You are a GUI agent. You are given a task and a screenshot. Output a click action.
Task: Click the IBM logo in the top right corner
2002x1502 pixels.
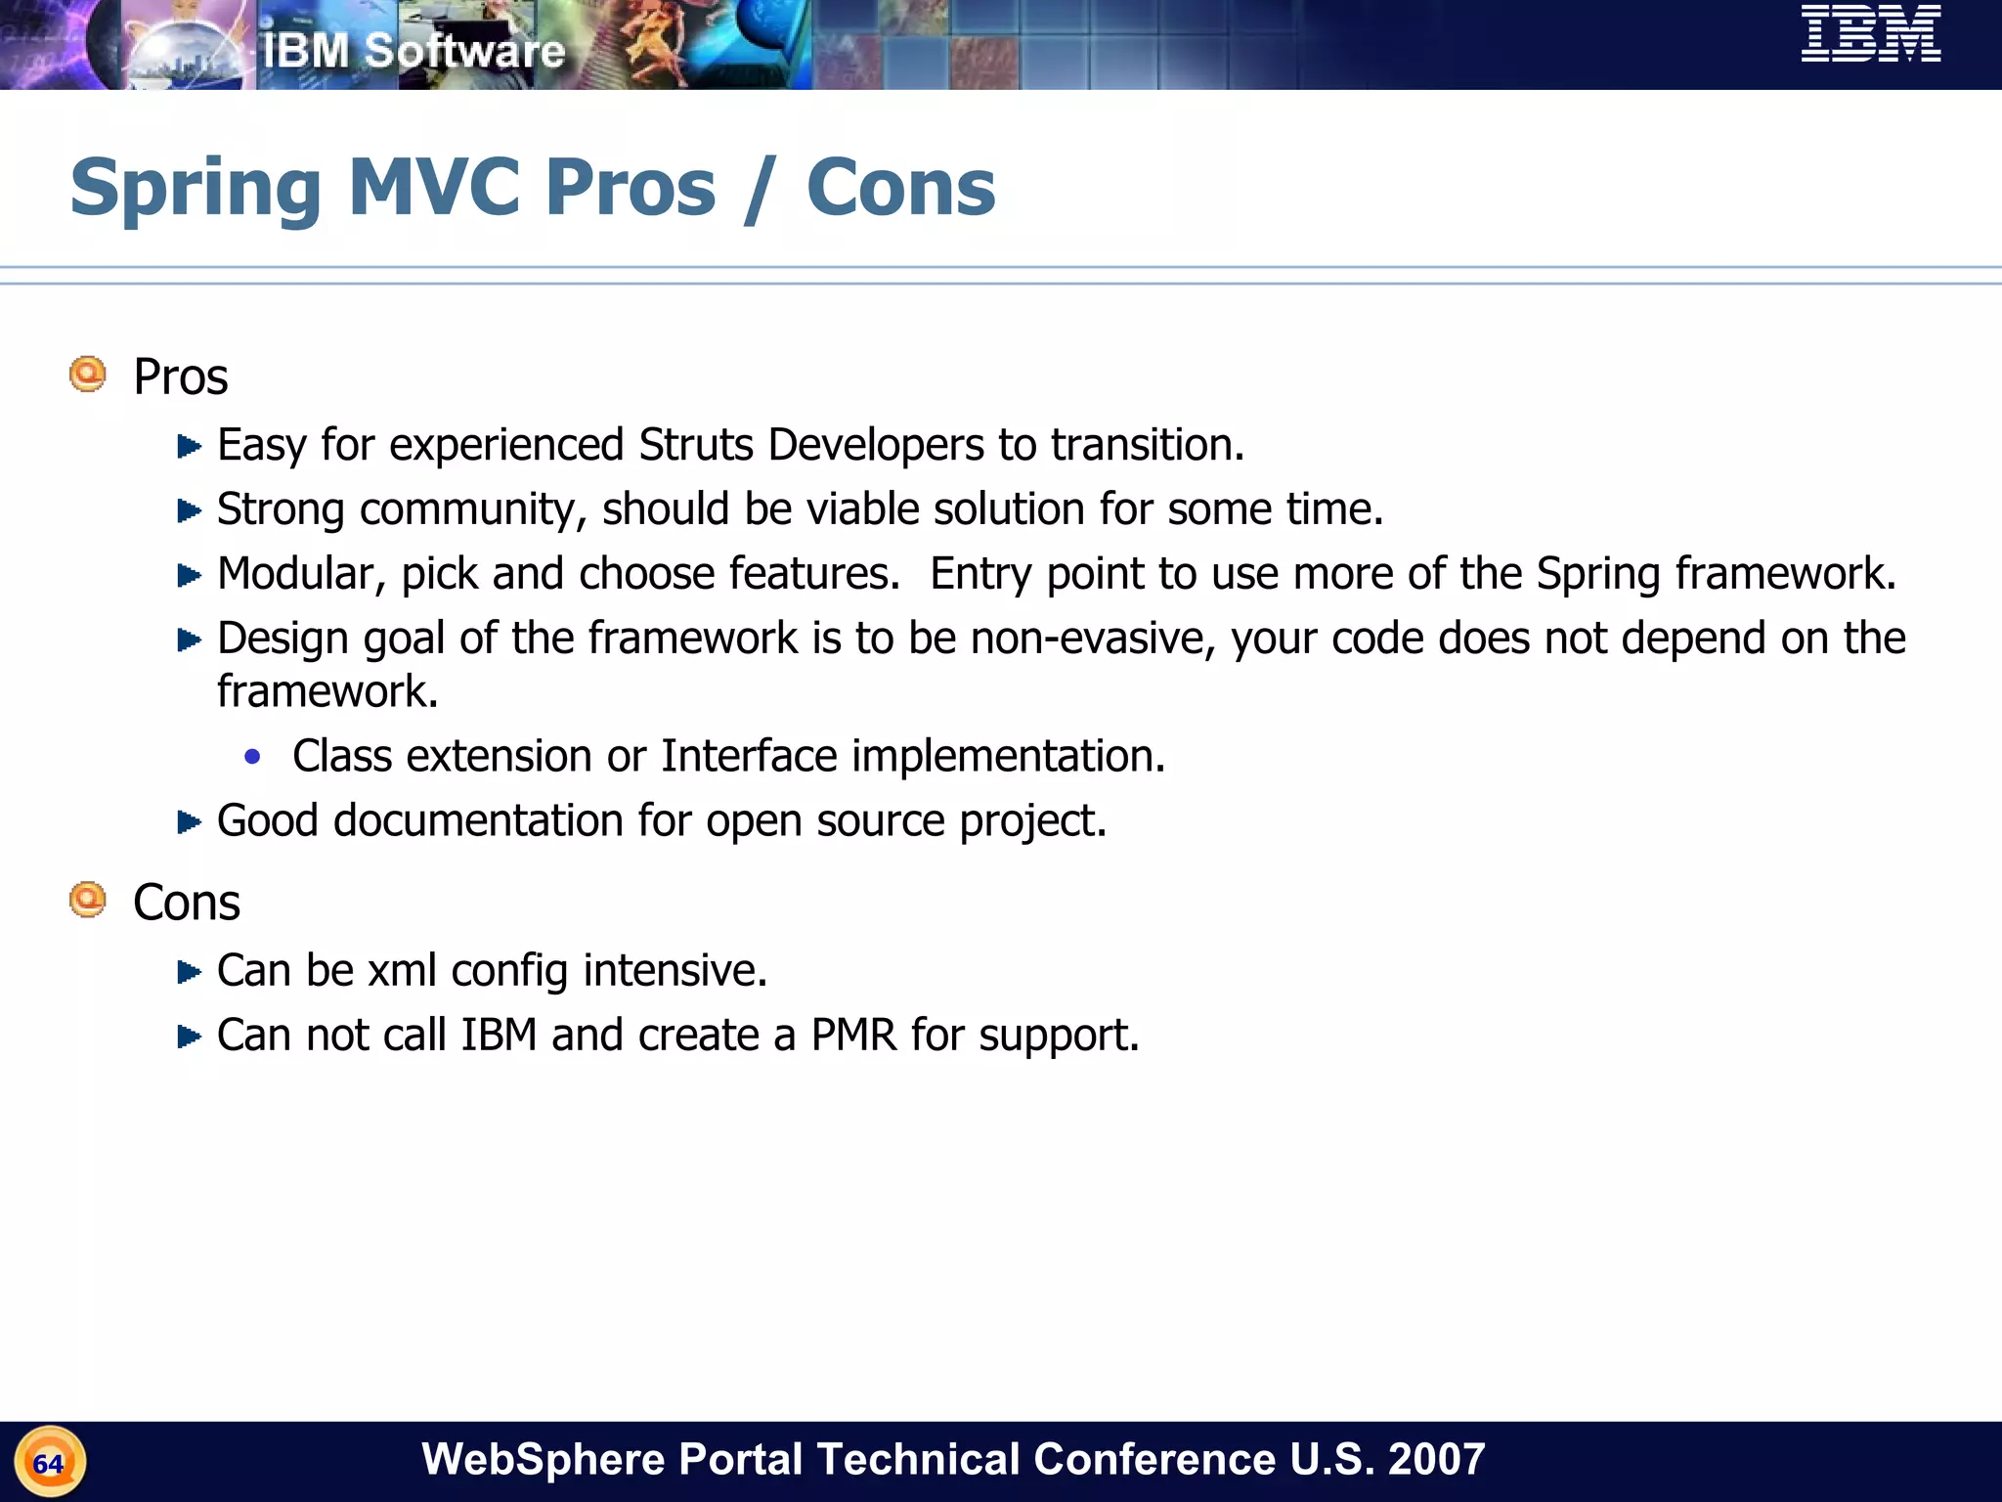tap(1870, 34)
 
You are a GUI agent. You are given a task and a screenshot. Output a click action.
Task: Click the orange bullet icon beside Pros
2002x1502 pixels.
tap(88, 375)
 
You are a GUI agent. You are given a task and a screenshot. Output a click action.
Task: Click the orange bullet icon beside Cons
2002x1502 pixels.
tap(88, 900)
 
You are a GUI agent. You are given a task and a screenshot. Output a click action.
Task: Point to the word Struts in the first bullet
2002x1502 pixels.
tap(696, 445)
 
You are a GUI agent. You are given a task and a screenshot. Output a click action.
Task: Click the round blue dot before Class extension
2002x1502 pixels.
tap(253, 756)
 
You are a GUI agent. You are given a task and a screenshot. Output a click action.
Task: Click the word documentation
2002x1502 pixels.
tap(478, 820)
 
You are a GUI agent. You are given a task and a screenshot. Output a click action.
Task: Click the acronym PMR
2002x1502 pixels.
tap(853, 1036)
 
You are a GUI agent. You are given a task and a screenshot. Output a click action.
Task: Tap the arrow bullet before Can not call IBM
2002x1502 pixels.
tap(189, 1037)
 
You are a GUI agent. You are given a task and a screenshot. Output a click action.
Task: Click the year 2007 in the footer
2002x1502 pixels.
tap(1436, 1459)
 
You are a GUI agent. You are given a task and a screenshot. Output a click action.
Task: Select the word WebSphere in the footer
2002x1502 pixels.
tap(544, 1459)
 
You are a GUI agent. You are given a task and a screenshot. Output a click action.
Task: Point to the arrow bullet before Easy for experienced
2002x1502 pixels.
tap(189, 447)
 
